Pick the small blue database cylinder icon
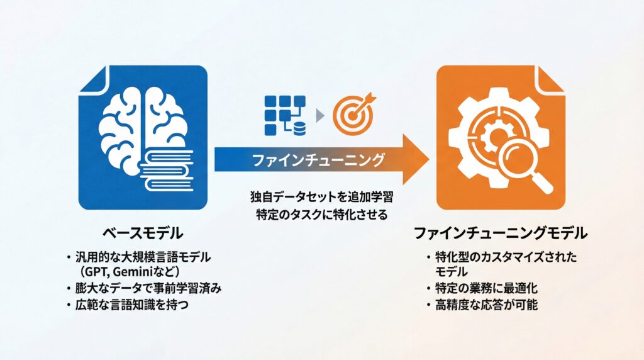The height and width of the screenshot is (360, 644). pos(299,128)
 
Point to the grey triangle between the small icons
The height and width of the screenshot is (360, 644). pos(319,116)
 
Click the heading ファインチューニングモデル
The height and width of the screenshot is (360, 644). pos(500,233)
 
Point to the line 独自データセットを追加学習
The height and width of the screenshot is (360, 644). pos(321,197)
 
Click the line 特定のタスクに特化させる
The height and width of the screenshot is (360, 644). pos(321,214)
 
